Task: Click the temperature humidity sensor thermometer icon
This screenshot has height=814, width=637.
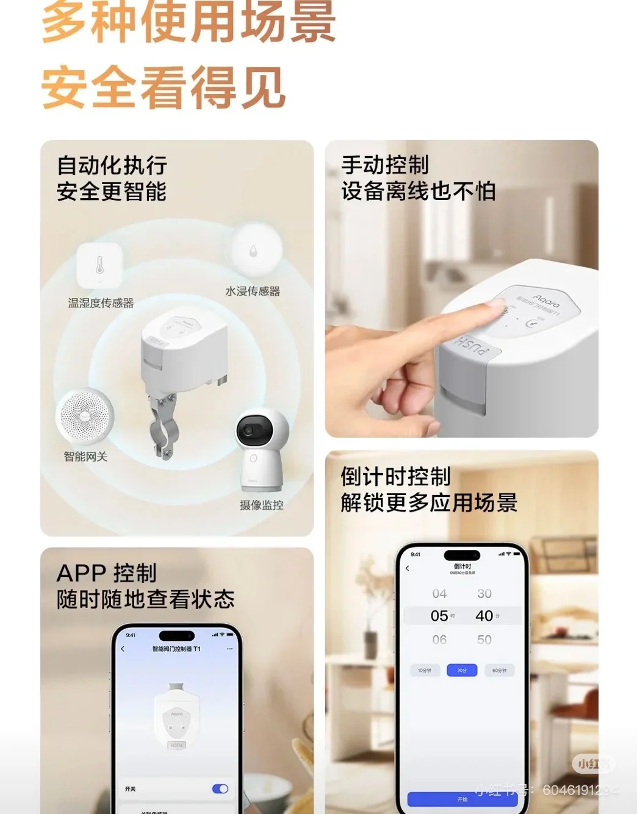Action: pos(99,265)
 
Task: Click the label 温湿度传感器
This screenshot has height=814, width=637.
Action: pos(101,303)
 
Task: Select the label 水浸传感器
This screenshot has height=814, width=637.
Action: pos(253,291)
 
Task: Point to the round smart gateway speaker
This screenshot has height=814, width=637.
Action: pos(85,416)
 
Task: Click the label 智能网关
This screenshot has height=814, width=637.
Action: pos(85,457)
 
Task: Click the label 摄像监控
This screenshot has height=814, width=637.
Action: pos(261,505)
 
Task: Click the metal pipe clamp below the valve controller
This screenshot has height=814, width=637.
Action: pos(162,427)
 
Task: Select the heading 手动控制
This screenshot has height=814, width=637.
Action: pos(385,165)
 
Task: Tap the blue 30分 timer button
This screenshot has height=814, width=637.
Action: pos(462,670)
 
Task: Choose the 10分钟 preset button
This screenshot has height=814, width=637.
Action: pos(425,670)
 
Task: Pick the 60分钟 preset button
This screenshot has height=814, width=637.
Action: pos(499,670)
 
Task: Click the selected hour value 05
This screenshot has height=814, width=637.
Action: pos(439,616)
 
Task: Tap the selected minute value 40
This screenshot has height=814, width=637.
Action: pos(484,616)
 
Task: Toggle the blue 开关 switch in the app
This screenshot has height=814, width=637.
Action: pos(220,789)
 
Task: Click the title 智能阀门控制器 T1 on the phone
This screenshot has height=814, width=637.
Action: pos(176,649)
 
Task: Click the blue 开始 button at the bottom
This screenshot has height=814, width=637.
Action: pos(462,799)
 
